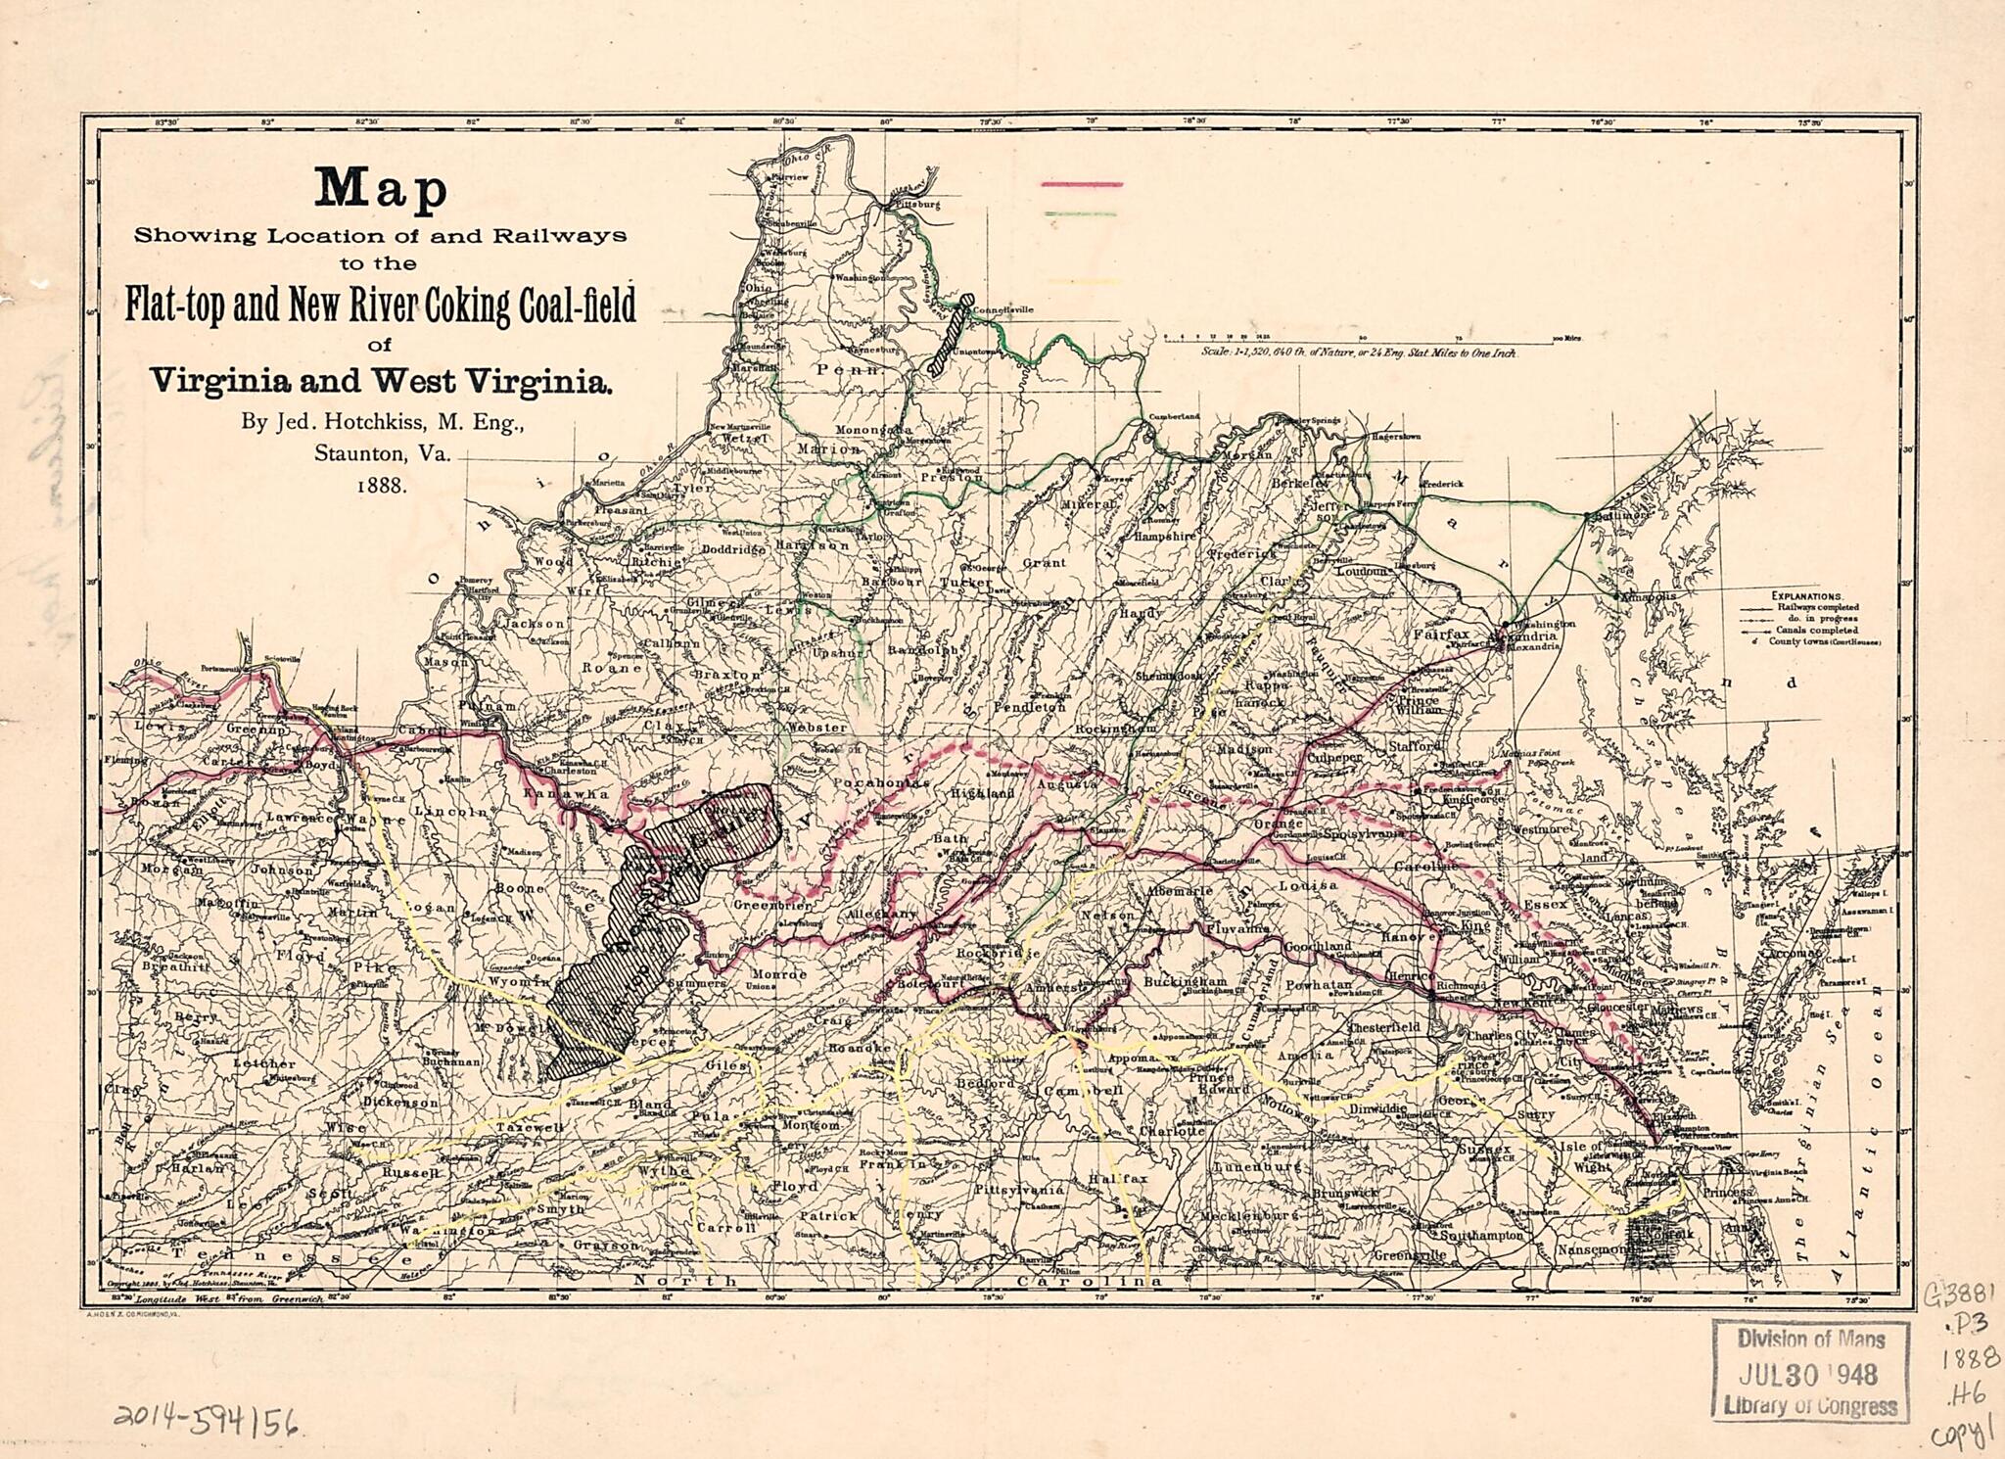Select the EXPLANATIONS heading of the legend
[x=1807, y=594]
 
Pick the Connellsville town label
[x=1005, y=309]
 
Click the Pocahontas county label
[x=880, y=783]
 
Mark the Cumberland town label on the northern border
[x=1174, y=416]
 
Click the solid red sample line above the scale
[x=1081, y=183]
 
